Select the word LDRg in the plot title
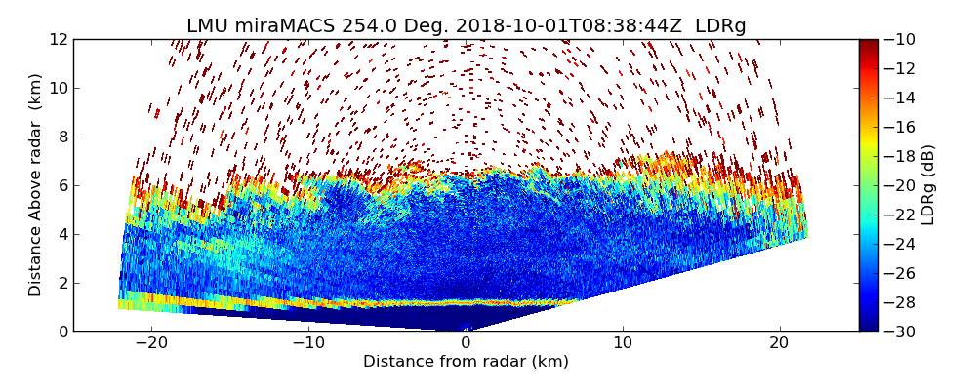[x=720, y=26]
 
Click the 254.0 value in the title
[x=362, y=26]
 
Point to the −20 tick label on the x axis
[x=151, y=343]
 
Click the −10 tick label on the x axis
[x=308, y=343]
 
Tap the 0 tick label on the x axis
[x=466, y=343]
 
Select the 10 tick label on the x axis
[x=623, y=343]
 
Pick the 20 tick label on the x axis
[x=780, y=343]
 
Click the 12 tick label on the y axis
[x=59, y=39]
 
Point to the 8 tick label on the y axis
[x=62, y=136]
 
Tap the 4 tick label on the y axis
[x=62, y=234]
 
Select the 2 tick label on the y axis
[x=62, y=283]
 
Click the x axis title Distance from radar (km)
[x=466, y=362]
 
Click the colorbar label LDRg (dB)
[x=928, y=184]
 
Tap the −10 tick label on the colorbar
[x=899, y=39]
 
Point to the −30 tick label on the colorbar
[x=899, y=331]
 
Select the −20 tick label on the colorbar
[x=899, y=185]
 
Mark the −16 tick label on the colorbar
[x=899, y=127]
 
